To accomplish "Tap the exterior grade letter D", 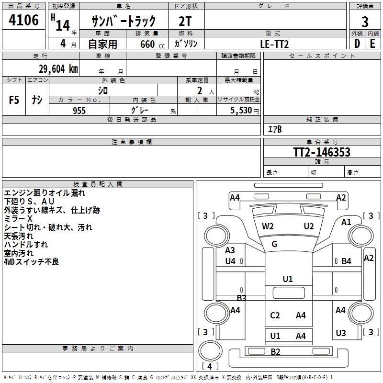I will (x=357, y=44).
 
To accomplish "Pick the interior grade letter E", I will (x=372, y=44).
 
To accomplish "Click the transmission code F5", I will (x=14, y=100).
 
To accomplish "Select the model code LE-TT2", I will (x=275, y=44).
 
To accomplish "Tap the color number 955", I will (x=79, y=111).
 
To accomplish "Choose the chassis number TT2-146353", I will (x=322, y=152).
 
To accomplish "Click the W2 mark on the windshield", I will (x=268, y=226).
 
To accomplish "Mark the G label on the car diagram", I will (x=274, y=244).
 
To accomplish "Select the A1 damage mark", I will (x=346, y=222).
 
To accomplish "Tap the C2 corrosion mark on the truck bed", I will (x=275, y=315).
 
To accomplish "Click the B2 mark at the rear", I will (x=275, y=352).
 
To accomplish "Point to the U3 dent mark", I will (x=340, y=333).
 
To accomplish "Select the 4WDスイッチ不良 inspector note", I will (x=31, y=262).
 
